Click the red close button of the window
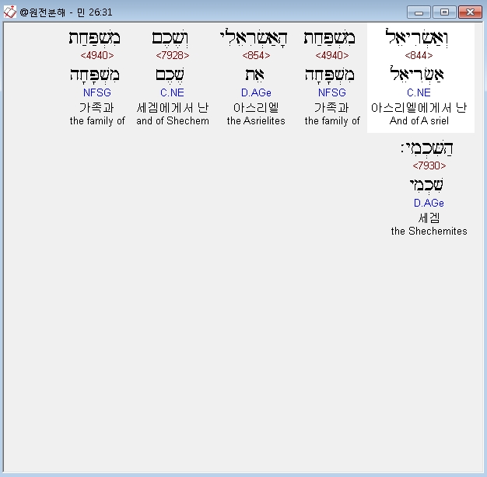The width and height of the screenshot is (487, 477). (x=469, y=12)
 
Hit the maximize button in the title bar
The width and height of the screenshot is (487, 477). (x=444, y=12)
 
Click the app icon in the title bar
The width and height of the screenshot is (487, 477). (x=9, y=12)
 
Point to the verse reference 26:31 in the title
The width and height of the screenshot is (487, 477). (x=99, y=12)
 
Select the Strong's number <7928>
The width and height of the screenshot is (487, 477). (x=173, y=55)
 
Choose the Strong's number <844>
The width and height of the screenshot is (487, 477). (x=419, y=55)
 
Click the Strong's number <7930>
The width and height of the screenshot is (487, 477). (x=429, y=165)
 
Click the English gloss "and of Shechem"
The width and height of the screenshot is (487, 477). (x=173, y=120)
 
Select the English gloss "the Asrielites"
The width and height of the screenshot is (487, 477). (x=256, y=120)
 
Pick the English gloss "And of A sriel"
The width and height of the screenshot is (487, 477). (x=419, y=120)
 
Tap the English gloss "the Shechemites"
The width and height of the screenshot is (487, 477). (x=429, y=231)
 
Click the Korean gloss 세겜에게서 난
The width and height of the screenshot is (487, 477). (x=173, y=107)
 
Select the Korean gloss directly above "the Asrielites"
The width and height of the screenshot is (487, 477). (x=256, y=107)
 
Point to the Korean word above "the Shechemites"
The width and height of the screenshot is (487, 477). (x=429, y=218)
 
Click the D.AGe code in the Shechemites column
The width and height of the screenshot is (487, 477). (x=429, y=203)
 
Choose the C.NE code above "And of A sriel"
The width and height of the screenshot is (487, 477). (x=419, y=92)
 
